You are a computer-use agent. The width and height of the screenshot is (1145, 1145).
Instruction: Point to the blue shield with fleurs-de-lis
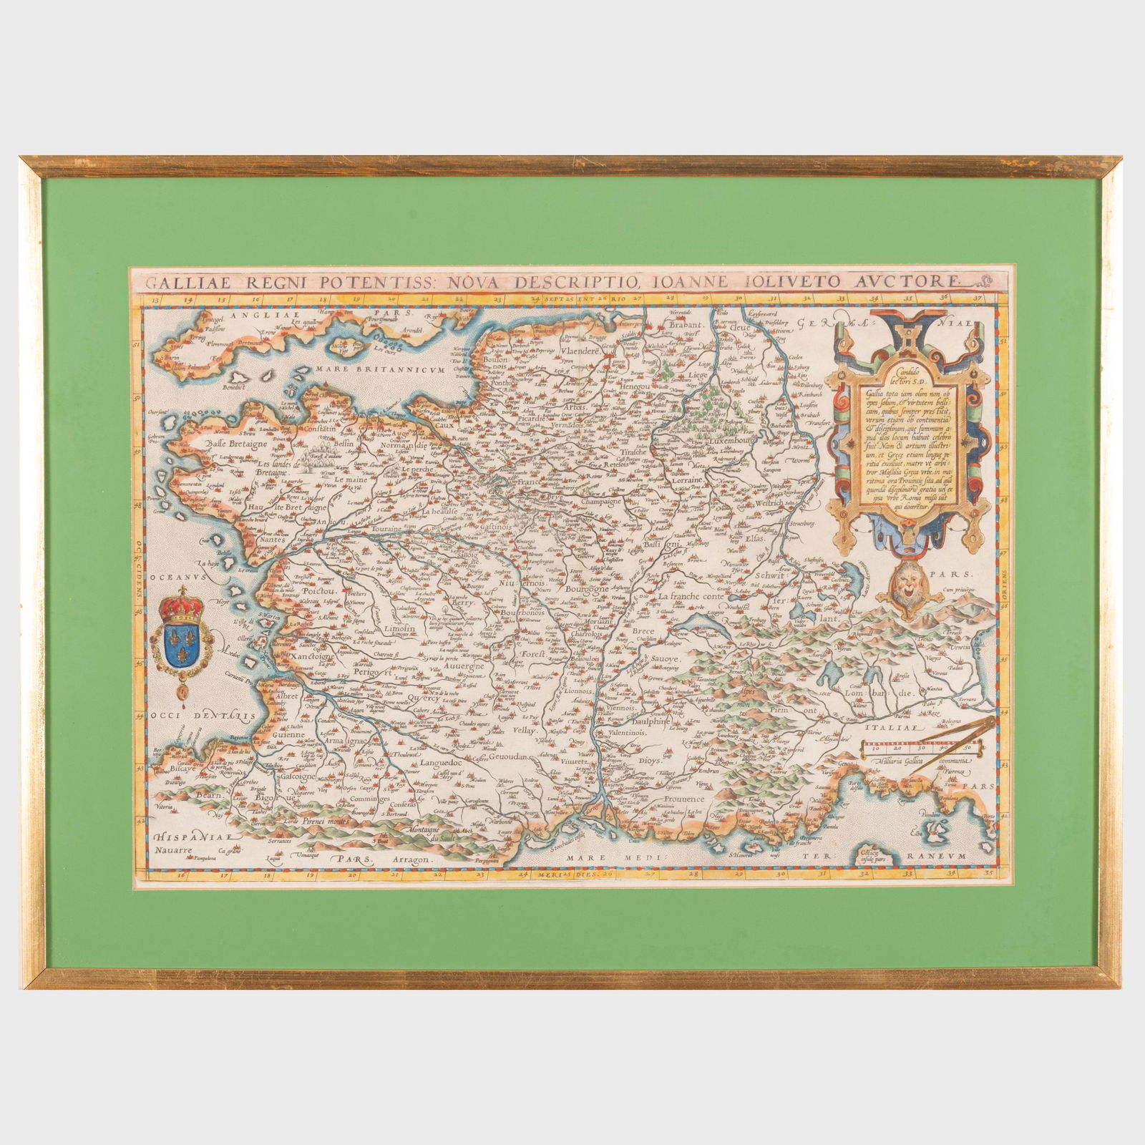click(x=179, y=637)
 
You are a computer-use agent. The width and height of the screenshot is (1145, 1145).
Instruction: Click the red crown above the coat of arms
click(x=179, y=601)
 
